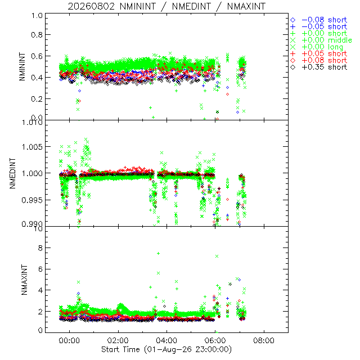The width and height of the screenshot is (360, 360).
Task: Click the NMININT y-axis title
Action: pyautogui.click(x=22, y=66)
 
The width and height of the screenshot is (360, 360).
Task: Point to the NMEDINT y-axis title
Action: pyautogui.click(x=12, y=173)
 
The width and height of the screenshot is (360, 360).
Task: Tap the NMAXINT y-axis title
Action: pyautogui.click(x=24, y=280)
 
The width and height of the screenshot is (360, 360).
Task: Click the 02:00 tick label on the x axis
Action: pyautogui.click(x=118, y=340)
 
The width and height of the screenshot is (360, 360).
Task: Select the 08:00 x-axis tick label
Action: pyautogui.click(x=264, y=340)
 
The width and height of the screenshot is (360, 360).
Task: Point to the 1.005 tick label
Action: pyautogui.click(x=32, y=147)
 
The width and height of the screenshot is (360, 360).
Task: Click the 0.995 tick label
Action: pyautogui.click(x=32, y=200)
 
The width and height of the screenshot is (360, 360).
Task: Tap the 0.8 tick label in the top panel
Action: pyautogui.click(x=37, y=35)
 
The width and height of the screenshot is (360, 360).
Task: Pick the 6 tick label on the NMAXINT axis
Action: pyautogui.click(x=40, y=269)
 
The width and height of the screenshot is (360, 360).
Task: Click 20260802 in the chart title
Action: pyautogui.click(x=91, y=6)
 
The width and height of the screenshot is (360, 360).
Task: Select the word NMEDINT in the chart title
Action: pyautogui.click(x=191, y=6)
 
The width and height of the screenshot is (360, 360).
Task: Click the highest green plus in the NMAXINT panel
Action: pyautogui.click(x=158, y=254)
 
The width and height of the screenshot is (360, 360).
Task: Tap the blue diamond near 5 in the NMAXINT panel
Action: pyautogui.click(x=240, y=280)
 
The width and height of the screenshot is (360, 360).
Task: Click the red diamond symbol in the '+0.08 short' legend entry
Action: pyautogui.click(x=293, y=60)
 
